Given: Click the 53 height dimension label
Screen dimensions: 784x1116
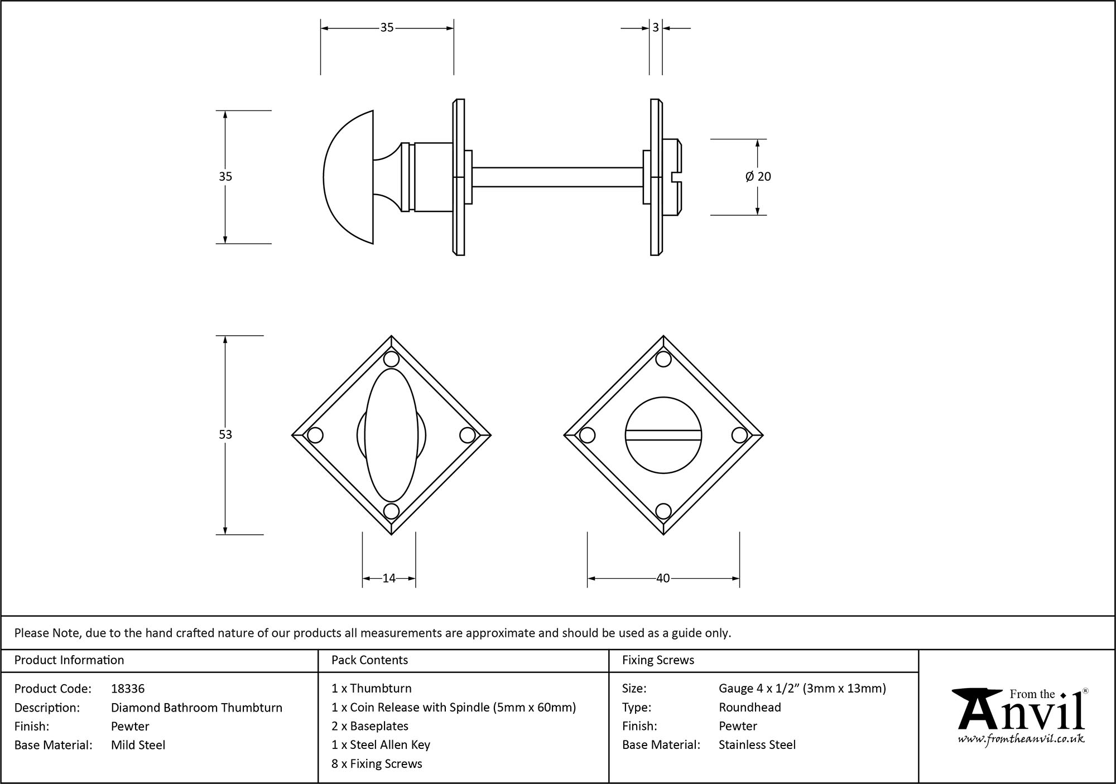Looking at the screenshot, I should click(x=225, y=434).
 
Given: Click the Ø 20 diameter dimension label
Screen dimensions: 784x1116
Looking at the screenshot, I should click(x=758, y=177).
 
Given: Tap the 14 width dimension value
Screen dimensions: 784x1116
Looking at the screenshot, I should click(x=389, y=578).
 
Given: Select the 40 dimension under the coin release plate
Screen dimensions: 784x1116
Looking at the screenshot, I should click(x=663, y=578).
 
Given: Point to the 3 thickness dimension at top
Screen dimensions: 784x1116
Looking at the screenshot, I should click(x=656, y=27).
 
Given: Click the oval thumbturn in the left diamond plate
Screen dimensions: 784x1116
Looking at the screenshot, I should click(x=391, y=435).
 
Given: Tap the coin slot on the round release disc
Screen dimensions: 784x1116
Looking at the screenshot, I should click(x=663, y=435).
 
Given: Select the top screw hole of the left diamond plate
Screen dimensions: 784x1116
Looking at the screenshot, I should click(x=392, y=359).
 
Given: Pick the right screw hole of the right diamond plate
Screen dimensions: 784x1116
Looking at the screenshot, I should click(x=739, y=435).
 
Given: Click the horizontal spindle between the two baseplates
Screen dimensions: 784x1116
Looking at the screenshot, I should click(x=558, y=177).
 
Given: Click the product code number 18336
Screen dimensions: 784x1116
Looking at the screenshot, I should click(x=128, y=689).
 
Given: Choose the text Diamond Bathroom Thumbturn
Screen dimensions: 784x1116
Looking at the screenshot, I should click(x=196, y=708).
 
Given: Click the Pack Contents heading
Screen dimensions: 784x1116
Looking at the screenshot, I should click(x=369, y=660).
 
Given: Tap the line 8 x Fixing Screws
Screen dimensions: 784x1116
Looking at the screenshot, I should click(x=377, y=764).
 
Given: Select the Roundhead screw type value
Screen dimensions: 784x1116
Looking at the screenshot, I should click(x=749, y=708).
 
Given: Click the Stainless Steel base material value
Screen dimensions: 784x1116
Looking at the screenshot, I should click(x=757, y=745).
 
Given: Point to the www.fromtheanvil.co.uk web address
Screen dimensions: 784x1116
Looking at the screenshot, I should click(x=1021, y=739).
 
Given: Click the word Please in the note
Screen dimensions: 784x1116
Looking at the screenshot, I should click(x=31, y=633).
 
